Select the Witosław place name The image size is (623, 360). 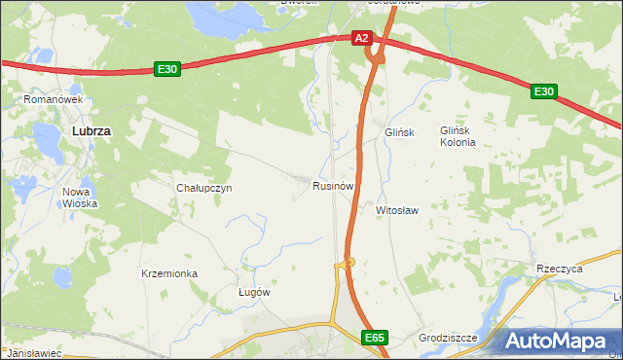tap(397, 209)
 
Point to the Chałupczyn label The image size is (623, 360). tap(203, 189)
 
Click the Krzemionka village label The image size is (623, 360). tap(169, 274)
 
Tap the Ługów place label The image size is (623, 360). tap(254, 292)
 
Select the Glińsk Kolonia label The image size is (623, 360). tap(458, 135)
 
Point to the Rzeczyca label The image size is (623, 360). tap(559, 269)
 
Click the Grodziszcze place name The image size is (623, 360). tap(448, 339)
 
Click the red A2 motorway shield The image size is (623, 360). tap(362, 38)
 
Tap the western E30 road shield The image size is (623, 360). tap(166, 69)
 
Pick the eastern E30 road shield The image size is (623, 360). tap(543, 91)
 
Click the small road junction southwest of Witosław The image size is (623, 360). tap(348, 262)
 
